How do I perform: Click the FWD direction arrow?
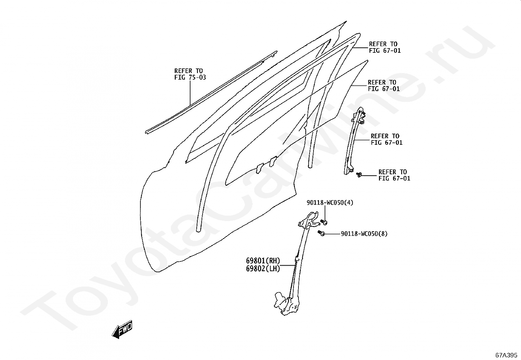click(x=122, y=329)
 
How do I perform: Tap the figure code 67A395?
click(x=506, y=355)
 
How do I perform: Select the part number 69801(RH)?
click(x=263, y=261)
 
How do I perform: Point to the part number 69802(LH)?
click(x=263, y=269)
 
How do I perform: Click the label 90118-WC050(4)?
click(x=330, y=203)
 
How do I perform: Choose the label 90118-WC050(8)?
click(x=364, y=234)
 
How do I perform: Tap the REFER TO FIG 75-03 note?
click(x=190, y=74)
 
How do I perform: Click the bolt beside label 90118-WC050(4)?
click(x=324, y=222)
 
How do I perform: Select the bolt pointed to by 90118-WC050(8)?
click(x=321, y=233)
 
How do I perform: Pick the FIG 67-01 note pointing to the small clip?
click(x=394, y=175)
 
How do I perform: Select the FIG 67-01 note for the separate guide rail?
click(x=386, y=139)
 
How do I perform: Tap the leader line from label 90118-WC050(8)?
click(x=332, y=234)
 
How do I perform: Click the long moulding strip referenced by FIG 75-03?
click(x=209, y=93)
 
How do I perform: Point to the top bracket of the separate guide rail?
click(x=360, y=113)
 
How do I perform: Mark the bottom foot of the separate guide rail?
click(x=349, y=170)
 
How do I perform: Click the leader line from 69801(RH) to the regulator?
click(x=288, y=265)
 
